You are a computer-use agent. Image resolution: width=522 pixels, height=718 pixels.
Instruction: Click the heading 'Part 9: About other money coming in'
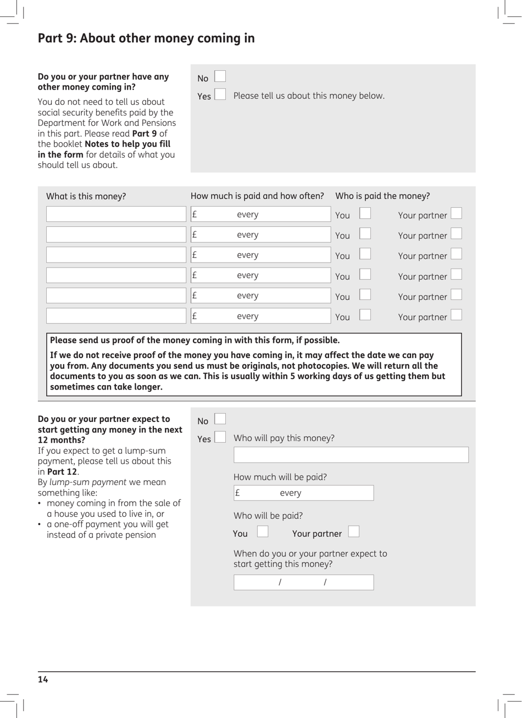click(x=146, y=38)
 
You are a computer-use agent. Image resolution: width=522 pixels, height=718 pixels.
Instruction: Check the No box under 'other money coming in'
click(x=220, y=76)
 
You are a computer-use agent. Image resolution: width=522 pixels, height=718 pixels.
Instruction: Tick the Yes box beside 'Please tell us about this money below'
click(x=220, y=94)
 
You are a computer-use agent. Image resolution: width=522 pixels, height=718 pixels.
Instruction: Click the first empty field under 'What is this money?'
click(x=116, y=214)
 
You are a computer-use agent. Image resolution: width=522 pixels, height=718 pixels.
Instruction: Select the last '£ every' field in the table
click(x=260, y=316)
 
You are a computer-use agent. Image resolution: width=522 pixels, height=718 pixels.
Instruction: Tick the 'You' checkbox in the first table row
click(x=365, y=214)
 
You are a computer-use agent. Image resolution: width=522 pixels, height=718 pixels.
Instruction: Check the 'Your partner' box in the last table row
click(x=456, y=315)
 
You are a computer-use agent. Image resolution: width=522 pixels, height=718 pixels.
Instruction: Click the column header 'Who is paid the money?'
click(x=382, y=196)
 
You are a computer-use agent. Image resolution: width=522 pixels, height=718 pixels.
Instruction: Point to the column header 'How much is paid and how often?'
click(x=257, y=196)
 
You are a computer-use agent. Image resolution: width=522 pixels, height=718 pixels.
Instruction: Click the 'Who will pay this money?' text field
click(x=351, y=455)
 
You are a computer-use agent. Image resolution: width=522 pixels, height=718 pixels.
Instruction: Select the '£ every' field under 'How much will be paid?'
click(x=303, y=493)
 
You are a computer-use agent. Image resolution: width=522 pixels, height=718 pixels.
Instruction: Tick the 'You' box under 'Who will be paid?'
click(x=263, y=532)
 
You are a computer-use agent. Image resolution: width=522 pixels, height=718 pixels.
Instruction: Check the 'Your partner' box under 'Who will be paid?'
click(x=354, y=532)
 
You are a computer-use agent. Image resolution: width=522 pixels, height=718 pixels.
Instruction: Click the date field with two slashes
click(x=303, y=582)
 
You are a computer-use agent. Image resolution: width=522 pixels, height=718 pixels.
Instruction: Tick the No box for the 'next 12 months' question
click(x=220, y=419)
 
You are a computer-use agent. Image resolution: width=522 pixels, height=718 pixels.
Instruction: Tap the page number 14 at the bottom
click(x=43, y=680)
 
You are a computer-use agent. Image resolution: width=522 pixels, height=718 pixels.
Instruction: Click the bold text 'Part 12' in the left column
click(x=62, y=472)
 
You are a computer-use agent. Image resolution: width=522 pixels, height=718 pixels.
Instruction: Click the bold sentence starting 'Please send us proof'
click(x=195, y=341)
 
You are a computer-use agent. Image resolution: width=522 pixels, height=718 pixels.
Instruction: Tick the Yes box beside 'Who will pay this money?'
click(x=220, y=437)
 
